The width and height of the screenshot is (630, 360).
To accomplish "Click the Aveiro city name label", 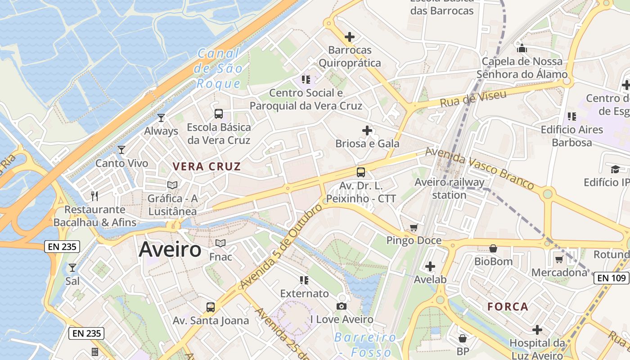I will [170, 249].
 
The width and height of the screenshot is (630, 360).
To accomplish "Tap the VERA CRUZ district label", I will [207, 166].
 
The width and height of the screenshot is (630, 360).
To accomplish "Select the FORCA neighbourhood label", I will [508, 307].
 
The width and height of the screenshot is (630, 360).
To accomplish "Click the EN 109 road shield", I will [612, 278].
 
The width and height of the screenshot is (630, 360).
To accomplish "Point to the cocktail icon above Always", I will [161, 118].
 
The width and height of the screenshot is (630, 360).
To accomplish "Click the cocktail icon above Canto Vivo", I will [121, 150].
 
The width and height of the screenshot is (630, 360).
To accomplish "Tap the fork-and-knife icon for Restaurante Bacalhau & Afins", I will [94, 196].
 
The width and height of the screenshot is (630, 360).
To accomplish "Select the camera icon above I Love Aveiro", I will [342, 306].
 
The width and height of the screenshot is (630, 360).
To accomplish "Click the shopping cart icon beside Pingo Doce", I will [414, 228].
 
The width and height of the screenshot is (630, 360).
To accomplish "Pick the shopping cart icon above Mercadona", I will [559, 259].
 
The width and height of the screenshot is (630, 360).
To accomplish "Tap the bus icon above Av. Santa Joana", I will [210, 307].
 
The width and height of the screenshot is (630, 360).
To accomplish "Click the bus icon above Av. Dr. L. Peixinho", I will [360, 172].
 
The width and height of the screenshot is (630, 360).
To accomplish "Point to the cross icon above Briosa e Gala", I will [367, 130].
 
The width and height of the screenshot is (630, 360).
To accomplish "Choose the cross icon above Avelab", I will [430, 266].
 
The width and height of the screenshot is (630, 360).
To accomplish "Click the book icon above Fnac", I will [220, 243].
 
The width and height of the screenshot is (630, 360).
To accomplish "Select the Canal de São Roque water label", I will [219, 68].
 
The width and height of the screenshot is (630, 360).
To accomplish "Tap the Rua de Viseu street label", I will [473, 98].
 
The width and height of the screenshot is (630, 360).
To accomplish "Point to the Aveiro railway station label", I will [449, 189].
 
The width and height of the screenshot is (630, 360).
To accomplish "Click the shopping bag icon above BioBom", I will [493, 248].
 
